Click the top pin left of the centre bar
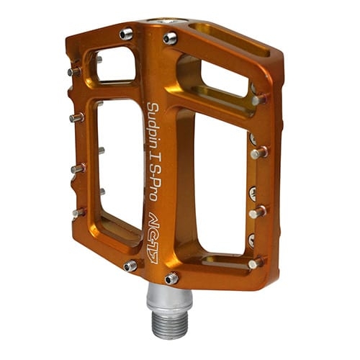pyautogui.click(x=127, y=33)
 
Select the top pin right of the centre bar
pyautogui.click(x=171, y=38)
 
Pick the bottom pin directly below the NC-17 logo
pyautogui.click(x=171, y=278)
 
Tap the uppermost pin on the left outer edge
pyautogui.click(x=74, y=71)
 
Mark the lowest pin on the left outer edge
pyautogui.click(x=78, y=212)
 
